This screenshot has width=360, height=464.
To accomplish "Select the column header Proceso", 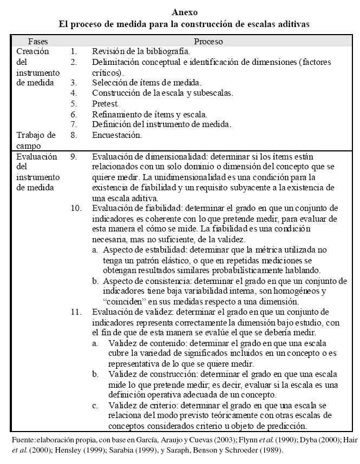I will coord(208,41).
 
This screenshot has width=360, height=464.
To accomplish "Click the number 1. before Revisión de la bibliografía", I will coord(74,51).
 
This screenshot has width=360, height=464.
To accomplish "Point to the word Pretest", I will coord(106,103).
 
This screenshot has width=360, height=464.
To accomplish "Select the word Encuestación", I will coord(117,135).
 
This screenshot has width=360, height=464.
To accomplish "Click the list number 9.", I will coord(74,156).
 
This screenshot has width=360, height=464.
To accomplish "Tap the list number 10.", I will coord(76,208).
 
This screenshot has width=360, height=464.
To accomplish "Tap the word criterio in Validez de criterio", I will coord(160,405).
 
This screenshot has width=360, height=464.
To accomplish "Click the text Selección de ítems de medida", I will coord(147,83).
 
